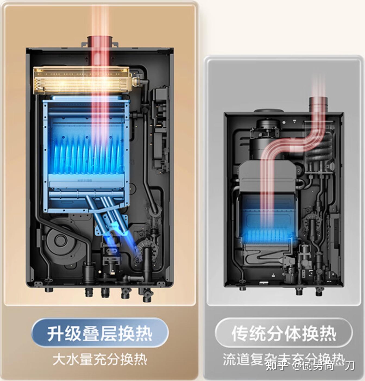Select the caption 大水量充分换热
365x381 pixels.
(x=100, y=359)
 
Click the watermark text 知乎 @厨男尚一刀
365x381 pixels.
(x=310, y=365)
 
